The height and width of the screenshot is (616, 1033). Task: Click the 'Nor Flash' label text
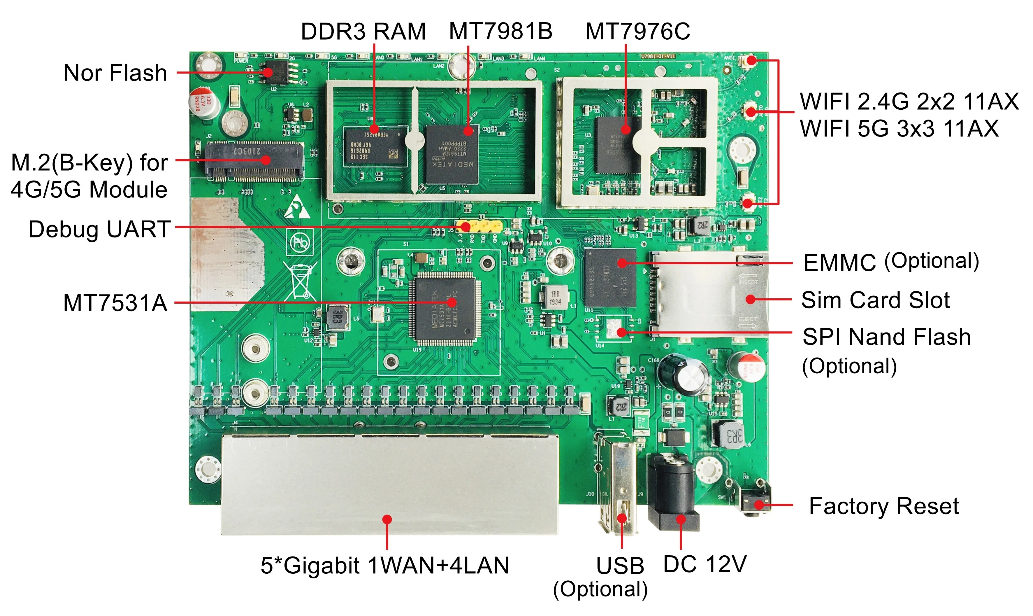click(115, 73)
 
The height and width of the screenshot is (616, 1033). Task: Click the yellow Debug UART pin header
click(479, 227)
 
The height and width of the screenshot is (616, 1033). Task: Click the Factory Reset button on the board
click(755, 503)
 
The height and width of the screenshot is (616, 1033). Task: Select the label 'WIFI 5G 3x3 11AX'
click(899, 129)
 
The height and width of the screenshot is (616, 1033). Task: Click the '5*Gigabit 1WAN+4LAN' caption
click(384, 565)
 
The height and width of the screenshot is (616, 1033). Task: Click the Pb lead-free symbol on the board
click(300, 242)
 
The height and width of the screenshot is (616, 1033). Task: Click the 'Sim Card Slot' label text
click(875, 300)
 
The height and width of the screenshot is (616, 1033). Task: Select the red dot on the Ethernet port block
click(387, 519)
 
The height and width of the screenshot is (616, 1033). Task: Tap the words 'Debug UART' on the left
click(99, 229)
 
